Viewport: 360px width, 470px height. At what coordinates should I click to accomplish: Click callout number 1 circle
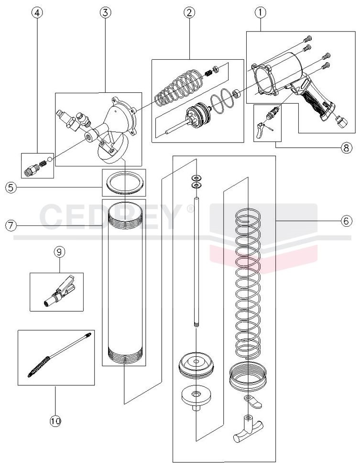click(x=260, y=13)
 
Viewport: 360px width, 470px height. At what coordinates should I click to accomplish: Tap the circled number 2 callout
click(x=189, y=13)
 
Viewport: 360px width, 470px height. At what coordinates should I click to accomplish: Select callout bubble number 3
click(x=105, y=13)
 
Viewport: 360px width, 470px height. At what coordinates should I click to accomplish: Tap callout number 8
click(x=346, y=148)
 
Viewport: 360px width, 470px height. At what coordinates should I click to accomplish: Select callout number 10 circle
click(x=55, y=421)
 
